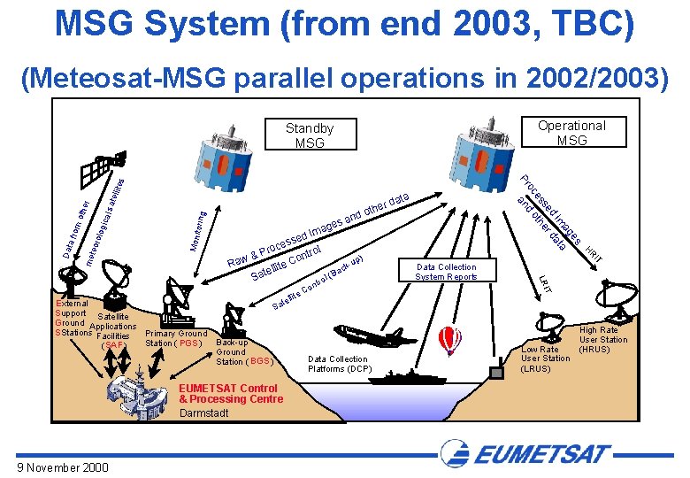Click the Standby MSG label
(309, 135)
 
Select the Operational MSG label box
(571, 133)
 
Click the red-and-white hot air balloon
(450, 337)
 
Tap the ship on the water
(407, 374)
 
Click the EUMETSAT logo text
(540, 455)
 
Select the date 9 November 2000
(62, 466)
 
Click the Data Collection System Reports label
(446, 272)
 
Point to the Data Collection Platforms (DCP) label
(340, 364)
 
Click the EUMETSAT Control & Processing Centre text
(231, 394)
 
